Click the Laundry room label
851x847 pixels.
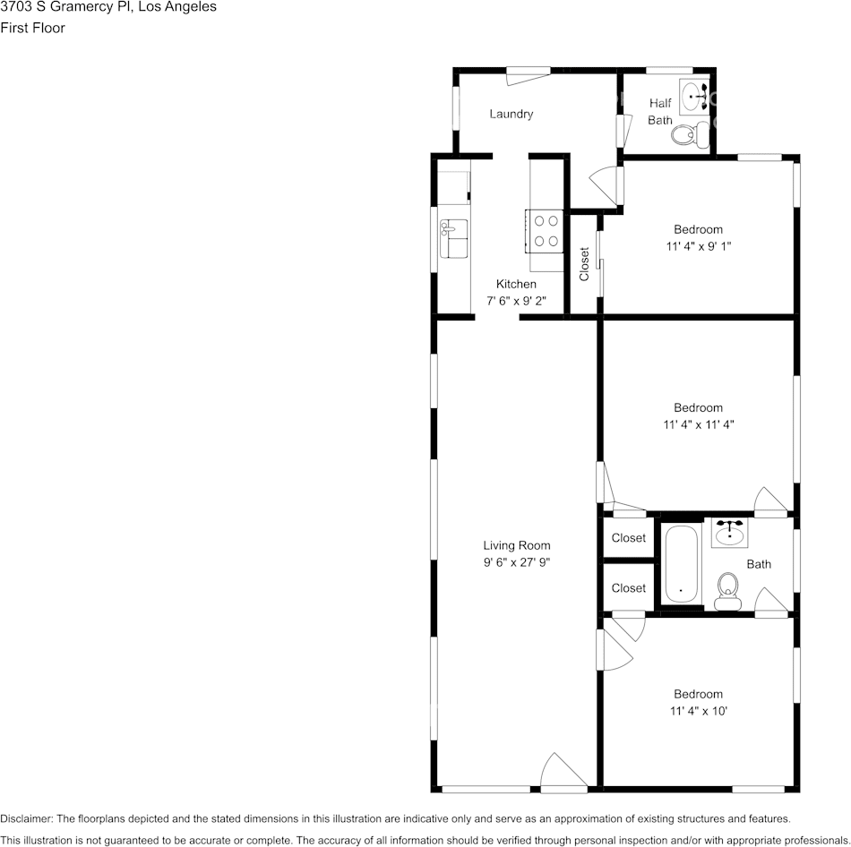(511, 114)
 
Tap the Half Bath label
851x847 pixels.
(660, 111)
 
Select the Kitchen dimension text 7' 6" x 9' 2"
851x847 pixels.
(516, 301)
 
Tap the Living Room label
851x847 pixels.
(516, 545)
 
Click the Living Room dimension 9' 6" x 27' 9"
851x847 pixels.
(516, 562)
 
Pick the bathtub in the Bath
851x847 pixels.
(681, 564)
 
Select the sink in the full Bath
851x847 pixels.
(730, 534)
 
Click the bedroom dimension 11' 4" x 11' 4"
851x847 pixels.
(698, 424)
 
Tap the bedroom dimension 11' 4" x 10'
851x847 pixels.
(698, 711)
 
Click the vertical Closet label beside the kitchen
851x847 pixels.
(585, 264)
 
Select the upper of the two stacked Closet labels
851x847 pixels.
(628, 538)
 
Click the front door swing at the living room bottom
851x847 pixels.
(563, 773)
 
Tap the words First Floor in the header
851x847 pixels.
(32, 28)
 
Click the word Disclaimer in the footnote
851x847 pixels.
(26, 818)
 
